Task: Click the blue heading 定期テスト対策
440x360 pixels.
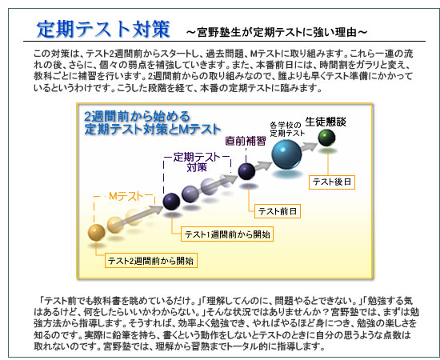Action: (103, 29)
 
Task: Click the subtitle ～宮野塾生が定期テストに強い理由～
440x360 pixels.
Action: (277, 32)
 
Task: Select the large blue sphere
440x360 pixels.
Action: (286, 154)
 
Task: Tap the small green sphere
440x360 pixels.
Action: (326, 138)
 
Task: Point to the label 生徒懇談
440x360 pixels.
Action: (326, 122)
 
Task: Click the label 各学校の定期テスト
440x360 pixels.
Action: (287, 129)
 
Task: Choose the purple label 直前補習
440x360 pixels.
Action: (246, 141)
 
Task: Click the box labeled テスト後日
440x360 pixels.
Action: (332, 182)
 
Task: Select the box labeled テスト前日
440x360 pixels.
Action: (278, 211)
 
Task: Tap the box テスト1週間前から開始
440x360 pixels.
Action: (227, 234)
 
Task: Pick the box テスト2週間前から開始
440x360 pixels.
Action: (151, 261)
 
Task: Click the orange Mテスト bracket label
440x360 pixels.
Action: (126, 196)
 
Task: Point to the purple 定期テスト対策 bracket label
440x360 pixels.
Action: (197, 162)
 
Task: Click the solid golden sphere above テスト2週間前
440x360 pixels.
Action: (97, 233)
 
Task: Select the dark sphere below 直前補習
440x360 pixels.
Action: (246, 171)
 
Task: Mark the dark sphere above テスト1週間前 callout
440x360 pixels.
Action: (171, 202)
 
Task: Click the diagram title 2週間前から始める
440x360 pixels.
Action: (138, 116)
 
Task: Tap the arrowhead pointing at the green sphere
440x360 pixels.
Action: (312, 146)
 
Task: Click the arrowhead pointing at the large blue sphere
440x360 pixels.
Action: (266, 165)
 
